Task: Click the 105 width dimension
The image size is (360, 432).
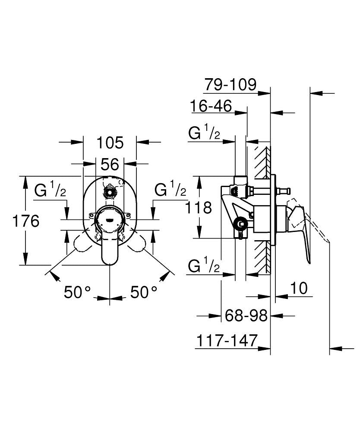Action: (110, 143)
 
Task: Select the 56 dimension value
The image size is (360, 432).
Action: (110, 164)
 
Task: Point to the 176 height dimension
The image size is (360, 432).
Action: (26, 221)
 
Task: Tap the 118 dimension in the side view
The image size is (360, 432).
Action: (198, 207)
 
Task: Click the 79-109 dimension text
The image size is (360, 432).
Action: (230, 84)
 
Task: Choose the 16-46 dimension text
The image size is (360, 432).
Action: (211, 106)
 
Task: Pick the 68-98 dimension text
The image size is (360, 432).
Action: (246, 315)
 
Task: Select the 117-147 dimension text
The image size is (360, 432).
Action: (227, 340)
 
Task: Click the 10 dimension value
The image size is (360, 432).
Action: (299, 288)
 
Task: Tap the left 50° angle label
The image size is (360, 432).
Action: (77, 292)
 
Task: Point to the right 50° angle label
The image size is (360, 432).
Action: (144, 292)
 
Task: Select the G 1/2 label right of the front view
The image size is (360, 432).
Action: (171, 189)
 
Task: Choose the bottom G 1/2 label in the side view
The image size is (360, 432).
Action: (204, 265)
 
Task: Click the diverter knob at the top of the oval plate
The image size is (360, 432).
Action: (110, 191)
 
